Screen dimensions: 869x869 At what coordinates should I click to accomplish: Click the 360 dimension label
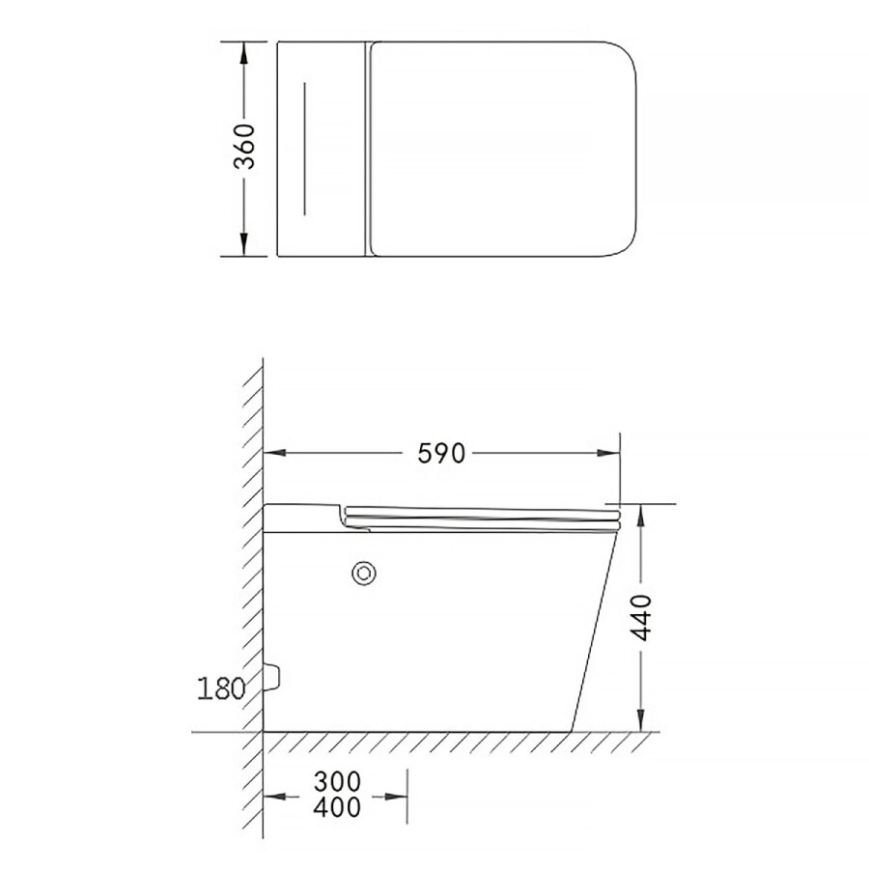pos(244,147)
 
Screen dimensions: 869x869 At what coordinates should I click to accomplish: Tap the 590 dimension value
pos(441,454)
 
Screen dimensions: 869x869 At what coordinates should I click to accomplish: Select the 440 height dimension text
pos(642,617)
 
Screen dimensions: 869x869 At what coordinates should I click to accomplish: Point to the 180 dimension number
pos(220,688)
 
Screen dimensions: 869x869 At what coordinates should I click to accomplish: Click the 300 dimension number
pos(337,782)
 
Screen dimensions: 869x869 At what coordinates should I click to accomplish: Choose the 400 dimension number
pos(337,807)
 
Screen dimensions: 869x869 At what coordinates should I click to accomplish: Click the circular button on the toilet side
pos(364,573)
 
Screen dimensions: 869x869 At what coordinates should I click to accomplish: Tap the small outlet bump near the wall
pos(272,676)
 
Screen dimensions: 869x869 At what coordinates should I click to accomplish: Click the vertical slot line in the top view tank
pos(304,149)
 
